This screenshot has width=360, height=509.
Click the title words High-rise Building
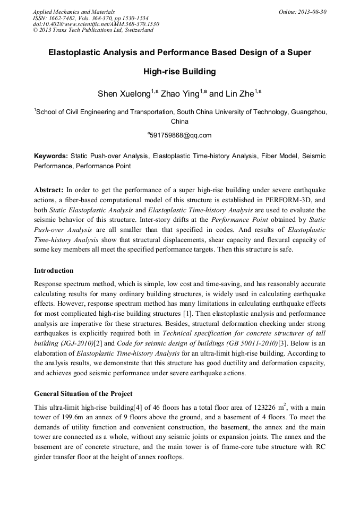[179, 71]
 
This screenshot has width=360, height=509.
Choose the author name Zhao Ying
[180, 94]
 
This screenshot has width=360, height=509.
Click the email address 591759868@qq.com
[181, 135]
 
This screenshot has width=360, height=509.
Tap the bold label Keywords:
[50, 156]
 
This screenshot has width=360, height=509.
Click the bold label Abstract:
[49, 189]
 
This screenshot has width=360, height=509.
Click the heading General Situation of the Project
[83, 394]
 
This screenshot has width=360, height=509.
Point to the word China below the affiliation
[180, 122]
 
